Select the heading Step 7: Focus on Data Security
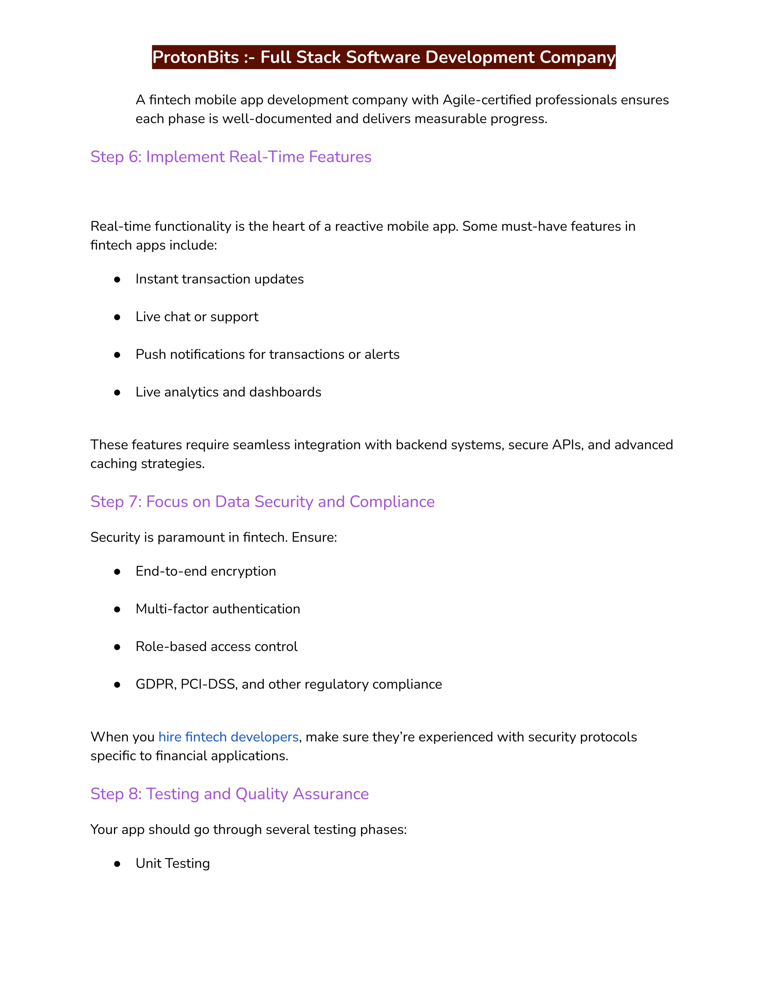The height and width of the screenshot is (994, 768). tap(262, 502)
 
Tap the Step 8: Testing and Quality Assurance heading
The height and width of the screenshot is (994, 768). tap(229, 794)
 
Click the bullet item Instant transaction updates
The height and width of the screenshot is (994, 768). tap(219, 279)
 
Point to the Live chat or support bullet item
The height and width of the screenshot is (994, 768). tap(196, 317)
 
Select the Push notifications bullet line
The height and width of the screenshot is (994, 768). tap(267, 354)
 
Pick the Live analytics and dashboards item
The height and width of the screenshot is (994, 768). tap(228, 392)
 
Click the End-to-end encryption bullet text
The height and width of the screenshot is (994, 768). tap(205, 571)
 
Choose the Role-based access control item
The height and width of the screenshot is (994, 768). tap(216, 647)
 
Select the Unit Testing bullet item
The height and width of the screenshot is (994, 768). tap(172, 863)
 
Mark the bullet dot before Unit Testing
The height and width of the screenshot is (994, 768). tap(117, 864)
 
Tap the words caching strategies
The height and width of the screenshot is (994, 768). tap(147, 464)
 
